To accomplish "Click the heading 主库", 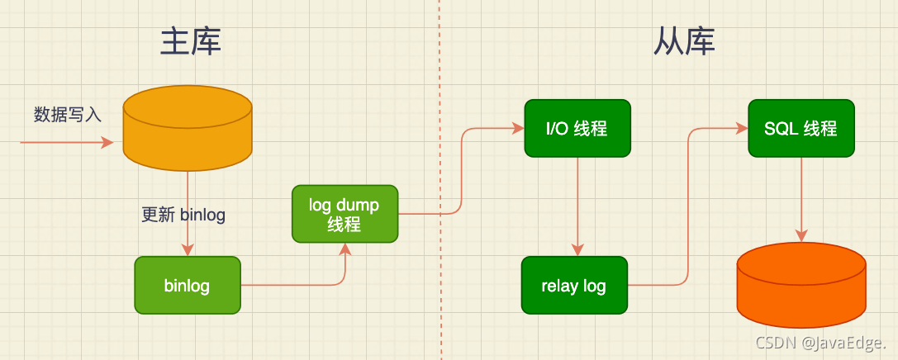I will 191,41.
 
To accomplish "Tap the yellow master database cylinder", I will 187,128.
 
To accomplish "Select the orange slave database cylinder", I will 801,285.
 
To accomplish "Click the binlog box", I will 187,286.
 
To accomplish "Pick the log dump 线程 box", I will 344,214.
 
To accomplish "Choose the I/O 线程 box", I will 577,128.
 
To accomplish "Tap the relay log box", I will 573,286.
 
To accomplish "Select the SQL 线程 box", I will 801,128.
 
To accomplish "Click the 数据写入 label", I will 68,115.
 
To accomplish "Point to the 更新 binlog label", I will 183,215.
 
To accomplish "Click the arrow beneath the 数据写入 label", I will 66,143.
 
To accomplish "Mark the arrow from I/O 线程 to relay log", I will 577,206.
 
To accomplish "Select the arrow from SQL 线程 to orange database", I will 801,198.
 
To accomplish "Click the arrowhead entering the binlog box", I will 188,250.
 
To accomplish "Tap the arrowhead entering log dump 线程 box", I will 345,249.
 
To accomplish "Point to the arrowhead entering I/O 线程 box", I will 518,128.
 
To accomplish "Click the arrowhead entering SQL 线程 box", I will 742,128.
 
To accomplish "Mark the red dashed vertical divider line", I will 439,182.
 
